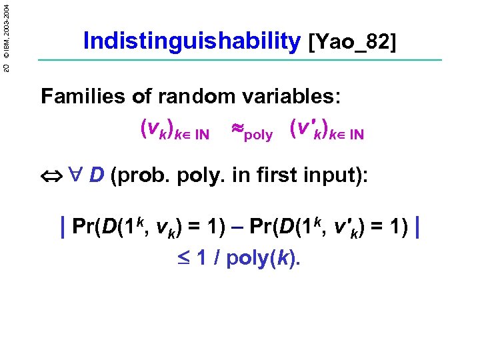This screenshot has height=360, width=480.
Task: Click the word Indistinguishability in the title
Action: coord(192,41)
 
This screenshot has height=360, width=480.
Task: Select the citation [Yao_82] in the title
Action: coord(352,43)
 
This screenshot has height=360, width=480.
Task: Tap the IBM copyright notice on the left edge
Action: coord(7,31)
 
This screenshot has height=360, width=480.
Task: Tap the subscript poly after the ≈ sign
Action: coord(259,135)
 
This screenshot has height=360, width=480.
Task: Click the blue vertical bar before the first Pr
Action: coord(62,227)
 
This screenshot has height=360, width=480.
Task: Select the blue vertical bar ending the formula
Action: coord(417,227)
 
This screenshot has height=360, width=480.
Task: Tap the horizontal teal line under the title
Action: coord(240,61)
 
